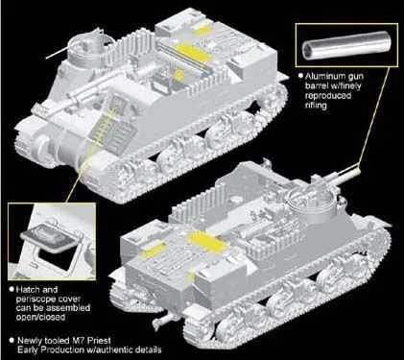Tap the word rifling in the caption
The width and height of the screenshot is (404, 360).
pyautogui.click(x=316, y=106)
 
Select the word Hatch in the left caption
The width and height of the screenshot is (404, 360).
pyautogui.click(x=28, y=290)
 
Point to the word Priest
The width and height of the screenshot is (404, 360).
pyautogui.click(x=98, y=340)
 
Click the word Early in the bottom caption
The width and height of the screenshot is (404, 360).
pyautogui.click(x=28, y=349)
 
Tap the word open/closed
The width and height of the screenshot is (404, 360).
pyautogui.click(x=40, y=317)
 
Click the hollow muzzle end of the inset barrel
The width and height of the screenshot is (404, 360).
pyautogui.click(x=308, y=48)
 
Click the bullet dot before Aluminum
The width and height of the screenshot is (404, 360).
pyautogui.click(x=300, y=76)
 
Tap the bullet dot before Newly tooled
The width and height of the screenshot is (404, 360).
pyautogui.click(x=12, y=340)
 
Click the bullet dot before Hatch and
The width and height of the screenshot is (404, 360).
pyautogui.click(x=12, y=289)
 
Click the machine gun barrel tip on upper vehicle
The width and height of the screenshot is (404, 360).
pyautogui.click(x=47, y=59)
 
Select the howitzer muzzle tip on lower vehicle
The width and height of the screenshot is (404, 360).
pyautogui.click(x=358, y=171)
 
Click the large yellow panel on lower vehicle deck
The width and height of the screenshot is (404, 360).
pyautogui.click(x=207, y=241)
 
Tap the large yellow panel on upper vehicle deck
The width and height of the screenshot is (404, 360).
pyautogui.click(x=193, y=52)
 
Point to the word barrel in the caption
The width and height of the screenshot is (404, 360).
pyautogui.click(x=318, y=86)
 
